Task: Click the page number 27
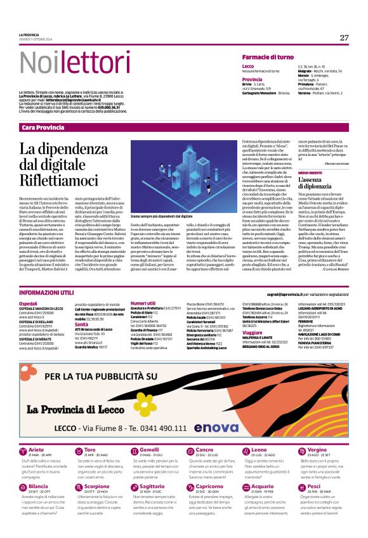(x=344, y=37)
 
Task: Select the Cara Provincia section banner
(x=43, y=127)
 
